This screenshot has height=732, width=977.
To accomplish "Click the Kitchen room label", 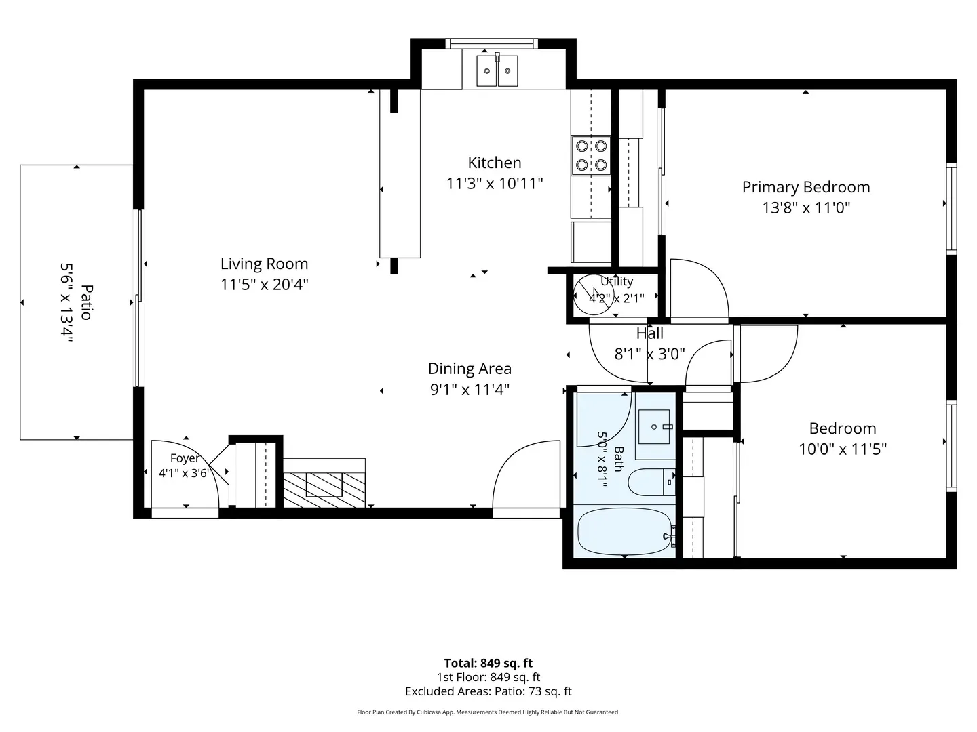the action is pos(494,163).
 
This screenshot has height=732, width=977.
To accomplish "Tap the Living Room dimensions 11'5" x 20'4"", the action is pos(265,284).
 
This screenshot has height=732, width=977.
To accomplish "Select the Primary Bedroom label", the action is pos(805,187).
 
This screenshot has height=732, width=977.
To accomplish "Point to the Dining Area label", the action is pos(470,369).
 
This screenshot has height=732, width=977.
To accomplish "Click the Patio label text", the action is pos(87,302).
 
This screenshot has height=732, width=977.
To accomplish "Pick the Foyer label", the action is pos(185,458).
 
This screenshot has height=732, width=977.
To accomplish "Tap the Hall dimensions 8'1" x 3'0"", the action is pos(649,354).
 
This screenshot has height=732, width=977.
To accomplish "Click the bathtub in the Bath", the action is pos(626,531).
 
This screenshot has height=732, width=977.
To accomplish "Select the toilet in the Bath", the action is pos(651,482).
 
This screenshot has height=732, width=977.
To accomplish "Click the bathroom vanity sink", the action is pos(654,427).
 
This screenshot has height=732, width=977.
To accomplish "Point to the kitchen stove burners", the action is pos(591,156).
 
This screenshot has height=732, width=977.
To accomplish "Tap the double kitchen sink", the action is pos(497,70).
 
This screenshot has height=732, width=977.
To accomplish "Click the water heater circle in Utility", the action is pos(593,295).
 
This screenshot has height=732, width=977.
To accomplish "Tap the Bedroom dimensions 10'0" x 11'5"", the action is pos(843,449).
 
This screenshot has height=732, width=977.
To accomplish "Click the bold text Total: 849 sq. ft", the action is pos(488,663).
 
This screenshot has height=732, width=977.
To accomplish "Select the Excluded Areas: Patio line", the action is pos(488,691).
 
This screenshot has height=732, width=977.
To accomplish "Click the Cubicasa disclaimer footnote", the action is pos(488,712).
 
